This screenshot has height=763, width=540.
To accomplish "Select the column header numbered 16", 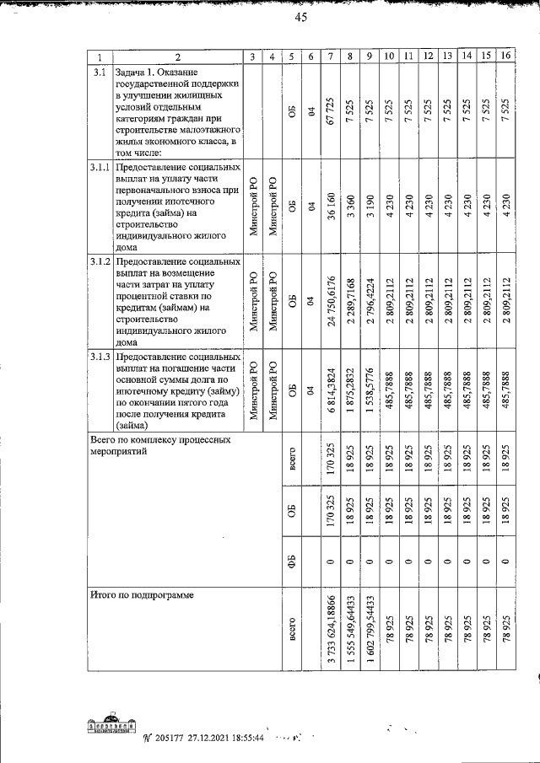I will pyautogui.click(x=505, y=56).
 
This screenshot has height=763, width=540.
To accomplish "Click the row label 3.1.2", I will pyautogui.click(x=100, y=262).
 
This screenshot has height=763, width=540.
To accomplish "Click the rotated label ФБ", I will pyautogui.click(x=291, y=562).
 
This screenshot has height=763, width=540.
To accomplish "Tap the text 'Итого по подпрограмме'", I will pyautogui.click(x=142, y=595).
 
